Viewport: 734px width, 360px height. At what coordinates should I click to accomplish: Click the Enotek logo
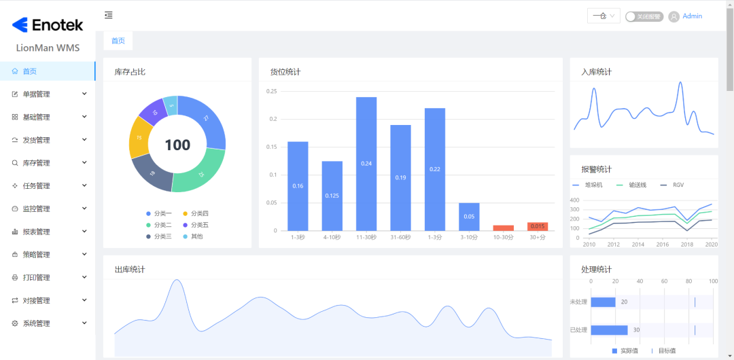coord(48,25)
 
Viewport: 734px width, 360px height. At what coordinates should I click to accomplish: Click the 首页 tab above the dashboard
coord(118,41)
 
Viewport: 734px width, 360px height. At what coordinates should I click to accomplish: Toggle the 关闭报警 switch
coord(644,16)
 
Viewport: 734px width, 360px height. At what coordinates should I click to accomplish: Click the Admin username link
coord(692,16)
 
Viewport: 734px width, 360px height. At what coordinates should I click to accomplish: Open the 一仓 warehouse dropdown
coord(604,16)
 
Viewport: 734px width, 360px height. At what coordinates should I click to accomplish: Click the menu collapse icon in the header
coord(109,15)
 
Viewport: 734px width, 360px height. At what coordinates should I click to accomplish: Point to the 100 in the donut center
coord(177,145)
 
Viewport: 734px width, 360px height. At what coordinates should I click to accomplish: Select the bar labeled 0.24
coord(366,164)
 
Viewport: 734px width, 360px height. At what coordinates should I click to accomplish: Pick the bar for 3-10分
coord(469,217)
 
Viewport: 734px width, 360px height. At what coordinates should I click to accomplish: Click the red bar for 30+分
coord(538,226)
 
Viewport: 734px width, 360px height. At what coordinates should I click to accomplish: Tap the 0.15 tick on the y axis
coord(271,147)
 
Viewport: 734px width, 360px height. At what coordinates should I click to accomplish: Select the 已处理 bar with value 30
coord(609,330)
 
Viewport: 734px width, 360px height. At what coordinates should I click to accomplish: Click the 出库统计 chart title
coord(130,270)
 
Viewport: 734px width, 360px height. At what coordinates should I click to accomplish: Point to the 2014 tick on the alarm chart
coord(639,244)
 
